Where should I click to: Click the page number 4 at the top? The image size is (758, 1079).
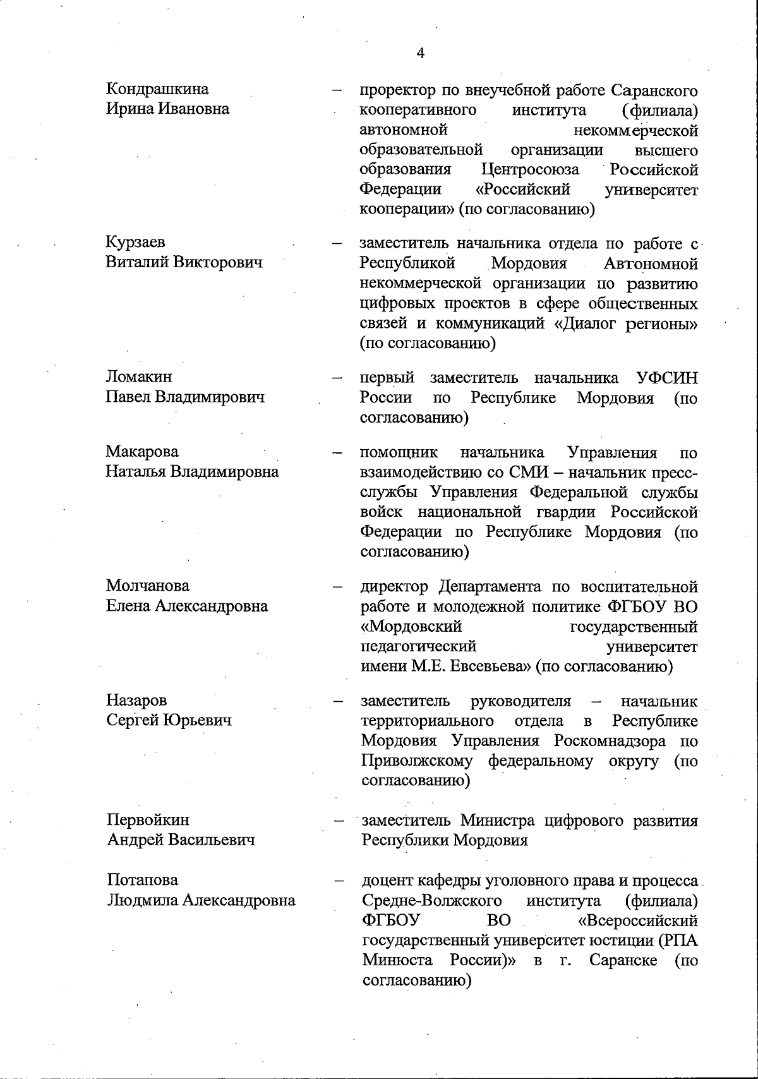pyautogui.click(x=421, y=54)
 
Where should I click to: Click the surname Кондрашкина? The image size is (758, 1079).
pyautogui.click(x=157, y=89)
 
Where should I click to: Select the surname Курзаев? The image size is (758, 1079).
pyautogui.click(x=136, y=242)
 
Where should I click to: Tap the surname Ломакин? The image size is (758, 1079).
pyautogui.click(x=139, y=377)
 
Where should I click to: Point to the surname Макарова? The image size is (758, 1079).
pyautogui.click(x=142, y=452)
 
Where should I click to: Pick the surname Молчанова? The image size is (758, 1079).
pyautogui.click(x=148, y=586)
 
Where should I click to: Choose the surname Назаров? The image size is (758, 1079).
pyautogui.click(x=136, y=700)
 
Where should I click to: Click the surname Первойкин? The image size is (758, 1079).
pyautogui.click(x=148, y=820)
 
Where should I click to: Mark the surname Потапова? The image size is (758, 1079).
pyautogui.click(x=143, y=880)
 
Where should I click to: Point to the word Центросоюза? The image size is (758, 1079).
pyautogui.click(x=530, y=170)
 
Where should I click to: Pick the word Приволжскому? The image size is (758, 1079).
pyautogui.click(x=417, y=761)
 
